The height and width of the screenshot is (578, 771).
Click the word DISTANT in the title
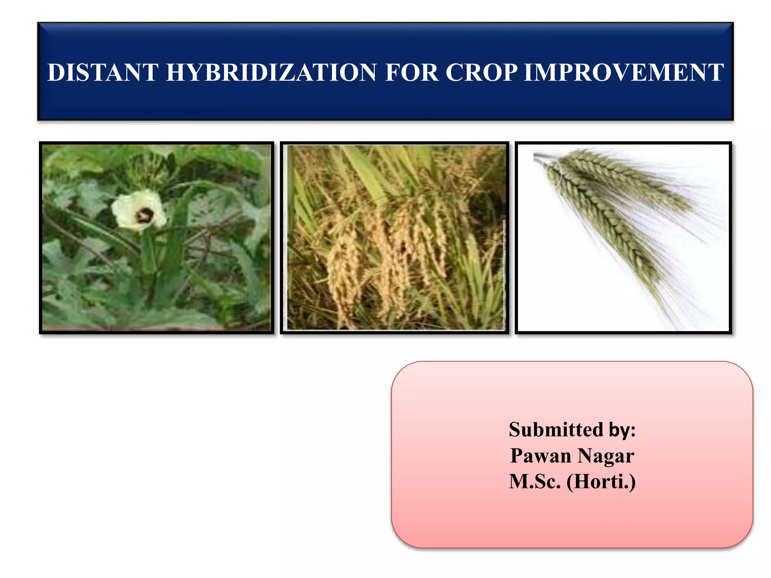(102, 72)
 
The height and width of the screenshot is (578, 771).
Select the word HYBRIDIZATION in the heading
(271, 72)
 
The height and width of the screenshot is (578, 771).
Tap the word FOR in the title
(412, 72)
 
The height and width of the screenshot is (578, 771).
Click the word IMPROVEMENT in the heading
(623, 72)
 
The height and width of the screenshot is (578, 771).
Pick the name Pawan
(541, 456)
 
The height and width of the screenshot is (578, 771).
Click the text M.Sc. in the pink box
(535, 482)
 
